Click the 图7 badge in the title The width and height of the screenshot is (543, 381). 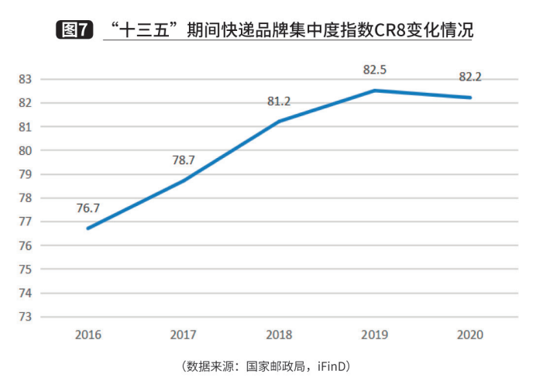pyautogui.click(x=75, y=30)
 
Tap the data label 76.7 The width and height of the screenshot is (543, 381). pyautogui.click(x=88, y=208)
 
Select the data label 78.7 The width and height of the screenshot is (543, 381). pyautogui.click(x=184, y=160)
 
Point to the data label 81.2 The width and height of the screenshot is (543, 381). pyautogui.click(x=279, y=101)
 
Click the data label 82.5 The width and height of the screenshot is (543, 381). pyautogui.click(x=375, y=70)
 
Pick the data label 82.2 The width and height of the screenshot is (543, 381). pyautogui.click(x=470, y=77)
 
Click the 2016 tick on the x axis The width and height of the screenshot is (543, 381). pyautogui.click(x=88, y=335)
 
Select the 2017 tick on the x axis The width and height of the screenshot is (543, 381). pyautogui.click(x=184, y=335)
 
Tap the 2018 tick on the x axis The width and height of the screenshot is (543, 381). pyautogui.click(x=279, y=335)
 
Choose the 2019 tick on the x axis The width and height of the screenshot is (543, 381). pyautogui.click(x=375, y=335)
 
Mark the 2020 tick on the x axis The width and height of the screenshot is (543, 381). pyautogui.click(x=470, y=335)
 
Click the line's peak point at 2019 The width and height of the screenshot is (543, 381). pyautogui.click(x=375, y=91)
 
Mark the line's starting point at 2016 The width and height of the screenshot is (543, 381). pyautogui.click(x=88, y=228)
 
